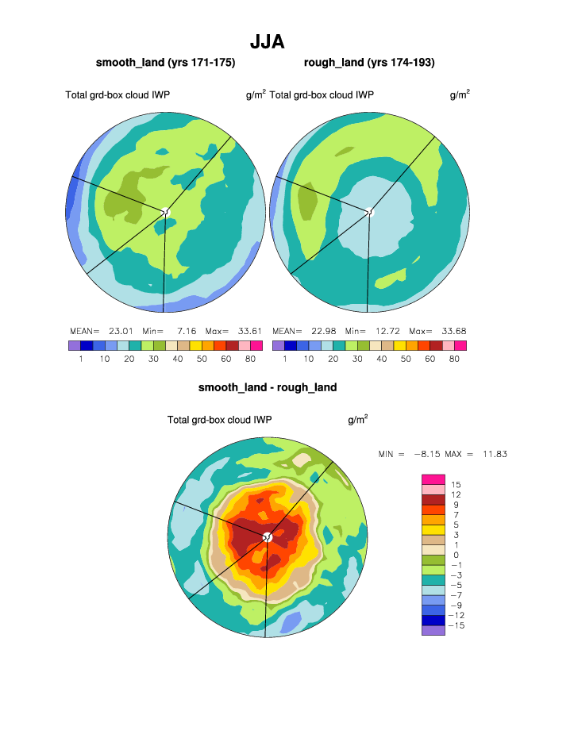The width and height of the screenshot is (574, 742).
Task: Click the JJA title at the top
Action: tap(267, 41)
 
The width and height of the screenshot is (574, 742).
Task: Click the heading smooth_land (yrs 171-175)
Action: tap(165, 62)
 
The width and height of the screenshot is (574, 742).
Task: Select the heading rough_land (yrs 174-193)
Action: tap(368, 62)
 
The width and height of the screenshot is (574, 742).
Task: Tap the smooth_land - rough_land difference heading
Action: tap(268, 387)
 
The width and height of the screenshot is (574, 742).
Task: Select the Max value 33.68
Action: tap(450, 331)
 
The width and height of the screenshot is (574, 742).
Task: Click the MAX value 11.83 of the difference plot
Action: tap(493, 454)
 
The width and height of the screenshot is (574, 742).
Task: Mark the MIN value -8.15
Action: tap(430, 454)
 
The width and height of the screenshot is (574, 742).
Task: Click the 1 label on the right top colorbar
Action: tap(284, 359)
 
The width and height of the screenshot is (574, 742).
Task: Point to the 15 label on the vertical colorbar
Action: tap(456, 484)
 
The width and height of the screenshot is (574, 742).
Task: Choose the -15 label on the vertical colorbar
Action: tap(457, 625)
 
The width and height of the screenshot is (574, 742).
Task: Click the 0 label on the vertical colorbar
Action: tap(456, 555)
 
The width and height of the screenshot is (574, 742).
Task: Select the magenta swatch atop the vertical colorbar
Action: tap(433, 479)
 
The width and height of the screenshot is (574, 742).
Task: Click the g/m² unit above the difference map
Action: tap(357, 419)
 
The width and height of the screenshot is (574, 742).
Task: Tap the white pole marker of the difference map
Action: tap(268, 538)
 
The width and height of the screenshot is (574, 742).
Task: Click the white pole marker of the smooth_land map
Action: tap(166, 212)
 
